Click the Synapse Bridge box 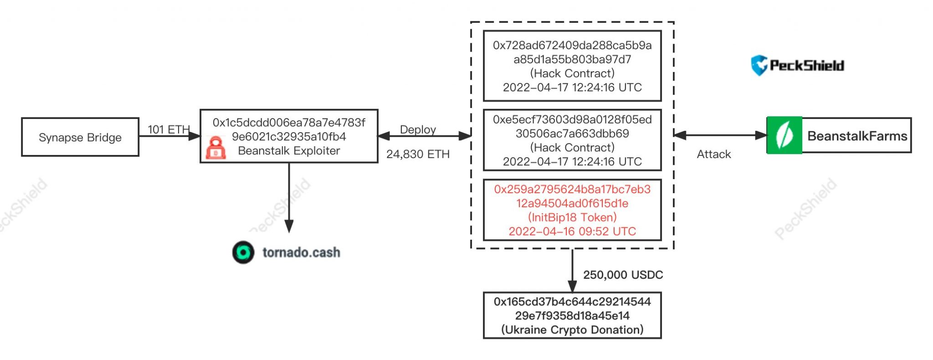pos(80,137)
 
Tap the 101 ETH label pos(168,129)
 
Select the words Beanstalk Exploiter pos(289,151)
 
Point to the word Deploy pos(418,129)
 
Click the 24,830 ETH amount pos(418,154)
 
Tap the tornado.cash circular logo pos(243,252)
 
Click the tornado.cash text pos(301,252)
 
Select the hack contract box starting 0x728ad pos(572,66)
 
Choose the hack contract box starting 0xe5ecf pos(572,140)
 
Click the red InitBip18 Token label pos(572,217)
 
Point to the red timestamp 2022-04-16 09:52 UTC pos(572,231)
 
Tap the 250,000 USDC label pos(623,275)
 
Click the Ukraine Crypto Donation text pos(572,329)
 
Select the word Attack pos(713,154)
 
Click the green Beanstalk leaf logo pos(784,135)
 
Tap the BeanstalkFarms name pos(857,136)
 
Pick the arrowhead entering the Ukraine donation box pos(572,286)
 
